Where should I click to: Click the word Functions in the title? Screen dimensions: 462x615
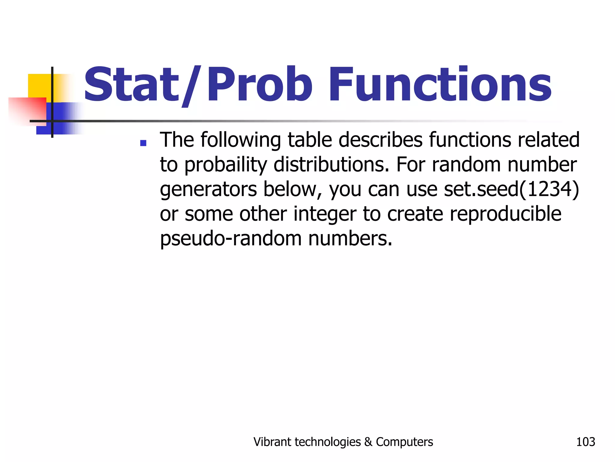tap(440, 85)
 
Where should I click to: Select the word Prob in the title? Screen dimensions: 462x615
tap(260, 85)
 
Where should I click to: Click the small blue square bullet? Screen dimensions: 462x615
tap(143, 143)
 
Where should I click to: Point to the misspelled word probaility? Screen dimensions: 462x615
tap(225, 165)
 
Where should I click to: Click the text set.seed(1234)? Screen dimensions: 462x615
tap(511, 189)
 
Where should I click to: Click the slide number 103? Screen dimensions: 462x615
tap(585, 442)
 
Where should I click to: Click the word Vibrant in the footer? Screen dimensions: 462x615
tap(272, 442)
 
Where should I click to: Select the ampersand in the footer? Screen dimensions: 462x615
tap(368, 442)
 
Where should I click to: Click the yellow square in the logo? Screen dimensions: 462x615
tap(39, 86)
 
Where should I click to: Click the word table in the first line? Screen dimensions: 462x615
tap(310, 140)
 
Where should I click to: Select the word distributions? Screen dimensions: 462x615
tap(331, 165)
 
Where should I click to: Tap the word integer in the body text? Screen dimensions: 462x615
tap(325, 214)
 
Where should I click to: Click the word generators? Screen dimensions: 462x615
tap(208, 189)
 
